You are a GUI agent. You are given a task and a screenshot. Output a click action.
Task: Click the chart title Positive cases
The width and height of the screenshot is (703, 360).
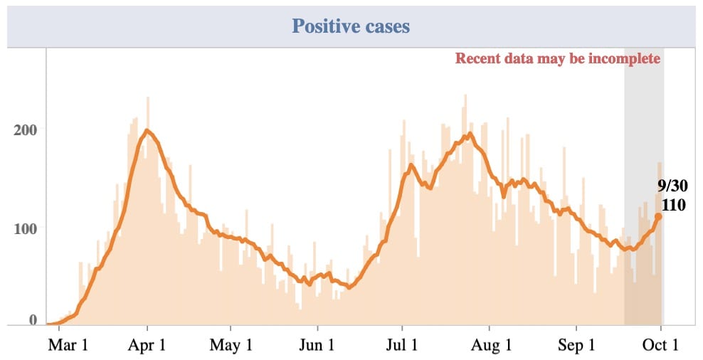351,27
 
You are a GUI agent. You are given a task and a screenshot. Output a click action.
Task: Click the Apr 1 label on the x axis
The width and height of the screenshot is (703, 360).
148,346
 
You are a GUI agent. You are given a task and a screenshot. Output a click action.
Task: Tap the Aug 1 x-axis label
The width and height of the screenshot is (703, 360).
490,346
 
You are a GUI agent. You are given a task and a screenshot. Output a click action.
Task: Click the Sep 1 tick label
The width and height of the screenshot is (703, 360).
576,346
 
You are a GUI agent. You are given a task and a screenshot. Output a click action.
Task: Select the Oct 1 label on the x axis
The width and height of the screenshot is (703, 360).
662,346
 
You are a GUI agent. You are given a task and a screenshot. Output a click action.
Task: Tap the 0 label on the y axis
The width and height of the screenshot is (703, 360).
33,321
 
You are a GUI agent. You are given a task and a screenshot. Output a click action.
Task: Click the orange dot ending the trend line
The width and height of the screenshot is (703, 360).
659,216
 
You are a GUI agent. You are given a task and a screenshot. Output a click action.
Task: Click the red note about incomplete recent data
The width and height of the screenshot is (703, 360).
558,58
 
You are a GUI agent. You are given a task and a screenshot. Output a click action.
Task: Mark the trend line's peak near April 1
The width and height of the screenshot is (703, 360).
147,130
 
